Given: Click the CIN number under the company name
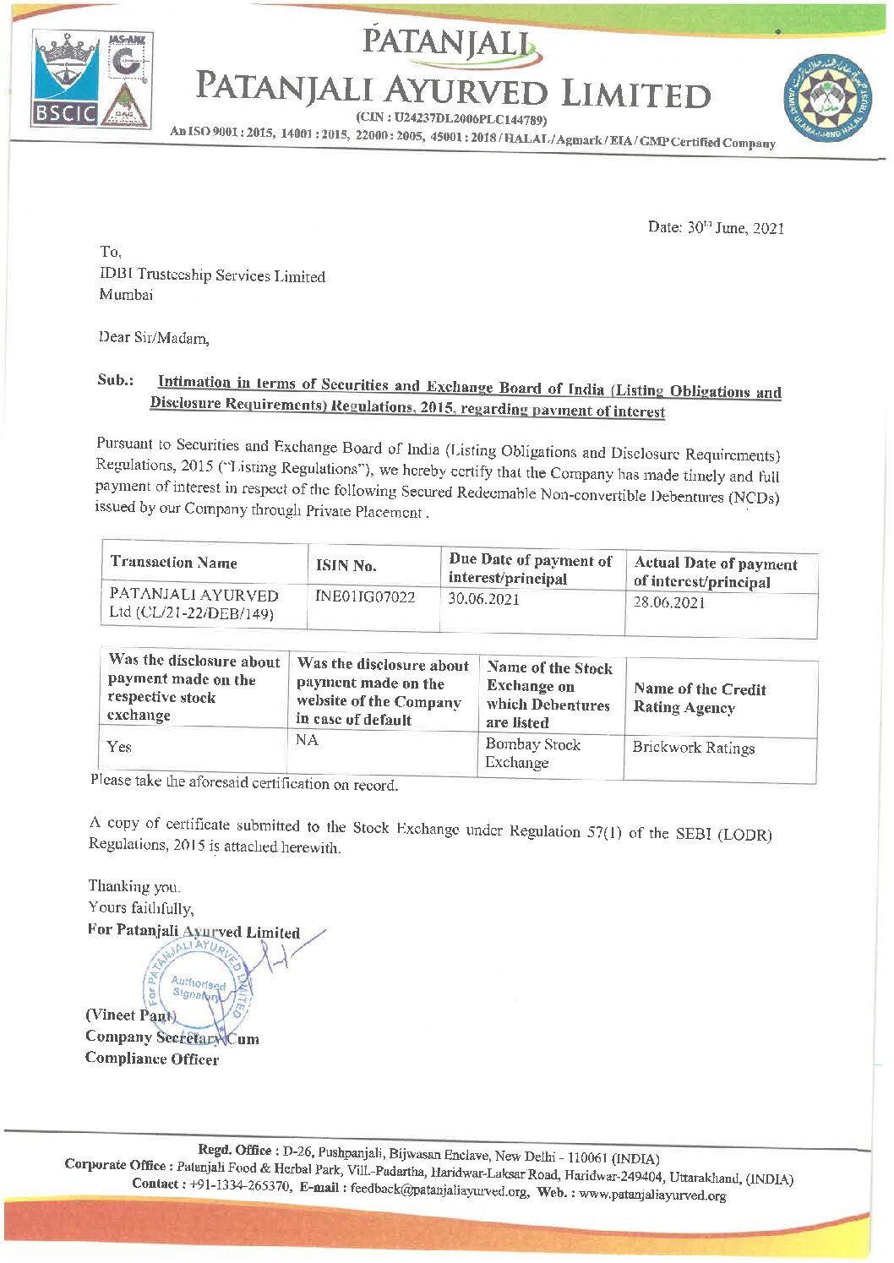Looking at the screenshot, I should click(451, 119).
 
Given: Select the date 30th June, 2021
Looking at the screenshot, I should click(716, 227).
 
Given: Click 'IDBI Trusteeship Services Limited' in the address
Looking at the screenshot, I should click(212, 275).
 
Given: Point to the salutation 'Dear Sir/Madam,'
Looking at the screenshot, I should click(154, 338).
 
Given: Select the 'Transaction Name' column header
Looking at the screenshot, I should click(173, 563).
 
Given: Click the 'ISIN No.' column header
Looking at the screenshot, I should click(346, 565).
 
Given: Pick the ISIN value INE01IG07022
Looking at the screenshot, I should click(365, 597).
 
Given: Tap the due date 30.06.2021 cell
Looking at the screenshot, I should click(483, 599).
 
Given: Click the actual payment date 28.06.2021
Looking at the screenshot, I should click(669, 602).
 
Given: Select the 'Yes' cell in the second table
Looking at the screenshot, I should click(119, 747).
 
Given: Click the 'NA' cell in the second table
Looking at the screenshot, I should click(307, 740).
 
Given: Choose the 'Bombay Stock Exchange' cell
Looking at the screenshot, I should click(532, 754).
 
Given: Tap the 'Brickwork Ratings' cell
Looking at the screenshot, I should click(693, 748).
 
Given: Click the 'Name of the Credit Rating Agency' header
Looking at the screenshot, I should click(700, 699).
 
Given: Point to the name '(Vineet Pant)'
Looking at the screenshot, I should click(130, 1015).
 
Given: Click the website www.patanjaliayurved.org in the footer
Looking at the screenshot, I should click(652, 1195).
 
